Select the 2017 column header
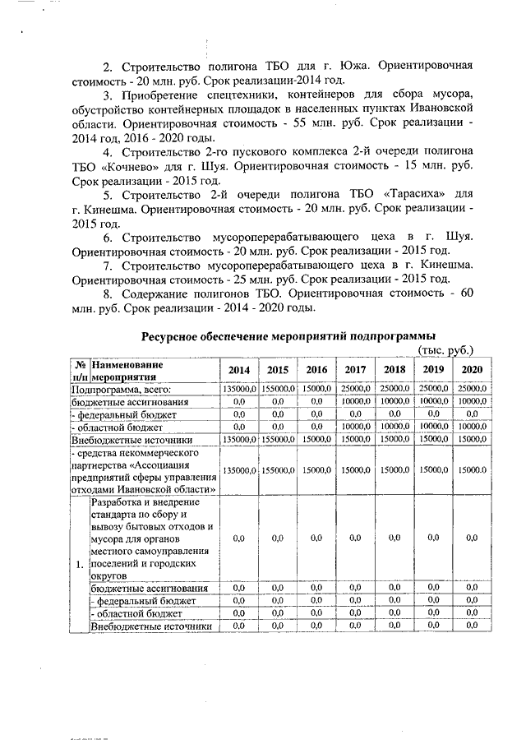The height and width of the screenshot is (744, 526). [x=356, y=369]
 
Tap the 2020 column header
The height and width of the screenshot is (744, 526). [x=472, y=369]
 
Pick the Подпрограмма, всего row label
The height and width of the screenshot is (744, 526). [x=120, y=388]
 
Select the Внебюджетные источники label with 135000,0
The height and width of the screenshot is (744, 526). [x=121, y=440]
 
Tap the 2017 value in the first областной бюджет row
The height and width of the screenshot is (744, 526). [x=356, y=427]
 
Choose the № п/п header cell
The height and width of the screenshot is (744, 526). [x=80, y=370]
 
